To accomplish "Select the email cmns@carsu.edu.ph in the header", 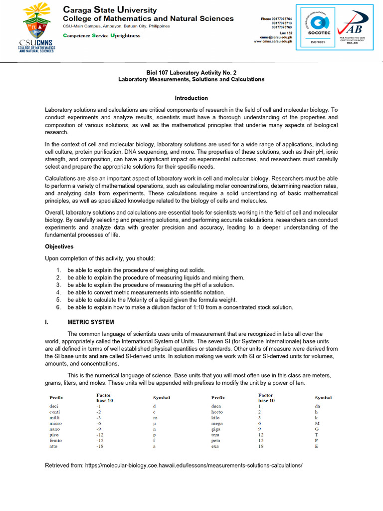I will coord(276,37).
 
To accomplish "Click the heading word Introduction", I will coord(191,98).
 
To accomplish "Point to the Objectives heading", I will coord(59,247).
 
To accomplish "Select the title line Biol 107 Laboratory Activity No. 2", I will coord(191,72).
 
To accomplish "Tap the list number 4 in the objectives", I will coord(58,292).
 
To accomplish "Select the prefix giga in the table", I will coord(216,429).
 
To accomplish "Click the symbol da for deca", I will coord(318,406).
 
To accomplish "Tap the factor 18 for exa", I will coord(260,446).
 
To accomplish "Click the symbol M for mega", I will coord(317,423).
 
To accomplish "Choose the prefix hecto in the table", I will coord(217,412).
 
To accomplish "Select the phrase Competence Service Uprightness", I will coord(101,35).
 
